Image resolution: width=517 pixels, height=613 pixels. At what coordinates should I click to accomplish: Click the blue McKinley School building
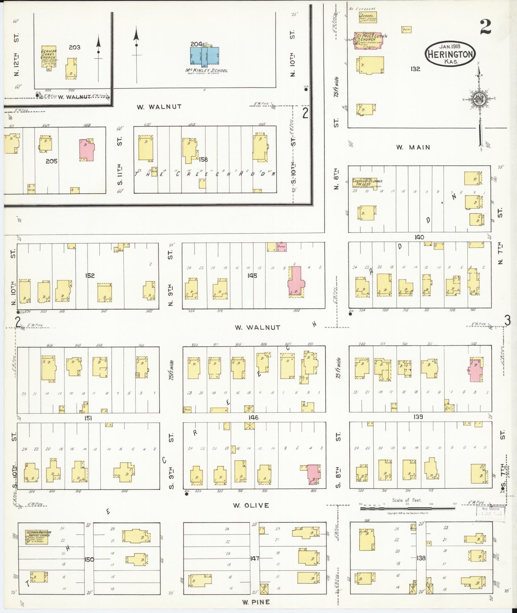(205, 57)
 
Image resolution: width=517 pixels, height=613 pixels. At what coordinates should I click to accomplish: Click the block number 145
(252, 276)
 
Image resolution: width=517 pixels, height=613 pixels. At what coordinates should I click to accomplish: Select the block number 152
(90, 276)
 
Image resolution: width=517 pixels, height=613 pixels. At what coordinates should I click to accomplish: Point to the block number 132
(415, 69)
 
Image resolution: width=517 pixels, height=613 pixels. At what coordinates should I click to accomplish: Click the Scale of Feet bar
(407, 509)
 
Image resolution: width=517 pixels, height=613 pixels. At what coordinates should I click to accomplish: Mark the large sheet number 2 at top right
(485, 27)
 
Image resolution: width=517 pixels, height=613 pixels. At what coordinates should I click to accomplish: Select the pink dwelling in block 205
(87, 150)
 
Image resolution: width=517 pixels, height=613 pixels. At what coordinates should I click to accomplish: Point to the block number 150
(89, 559)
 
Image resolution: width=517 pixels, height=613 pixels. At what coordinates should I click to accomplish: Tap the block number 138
(421, 558)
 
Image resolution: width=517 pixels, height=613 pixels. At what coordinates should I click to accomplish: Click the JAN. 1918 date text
(450, 46)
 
